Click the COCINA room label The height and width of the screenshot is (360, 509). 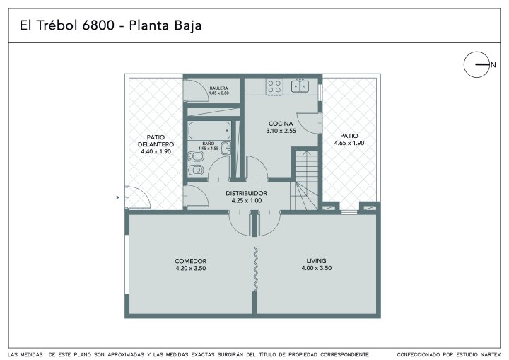pyautogui.click(x=281, y=124)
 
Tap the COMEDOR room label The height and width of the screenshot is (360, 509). pyautogui.click(x=191, y=261)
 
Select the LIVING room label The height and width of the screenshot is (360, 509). pyautogui.click(x=316, y=260)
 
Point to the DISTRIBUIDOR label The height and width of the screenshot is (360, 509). pyautogui.click(x=247, y=193)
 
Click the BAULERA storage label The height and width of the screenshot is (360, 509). pyautogui.click(x=218, y=88)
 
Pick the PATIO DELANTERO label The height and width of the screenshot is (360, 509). pyautogui.click(x=156, y=141)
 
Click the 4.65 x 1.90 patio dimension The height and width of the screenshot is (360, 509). pyautogui.click(x=349, y=143)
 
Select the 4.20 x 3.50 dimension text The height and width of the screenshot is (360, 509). pyautogui.click(x=191, y=268)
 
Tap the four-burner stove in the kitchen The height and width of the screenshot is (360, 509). pyautogui.click(x=274, y=87)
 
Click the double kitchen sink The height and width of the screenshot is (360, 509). pyautogui.click(x=300, y=86)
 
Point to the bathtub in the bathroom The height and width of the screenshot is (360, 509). pyautogui.click(x=209, y=131)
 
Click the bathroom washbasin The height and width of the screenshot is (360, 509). pyautogui.click(x=226, y=148)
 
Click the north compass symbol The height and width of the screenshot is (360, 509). pyautogui.click(x=476, y=64)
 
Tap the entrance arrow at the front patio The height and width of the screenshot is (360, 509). pyautogui.click(x=118, y=197)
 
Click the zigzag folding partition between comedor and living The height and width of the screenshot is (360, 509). pyautogui.click(x=255, y=269)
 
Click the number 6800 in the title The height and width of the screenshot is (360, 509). pyautogui.click(x=98, y=25)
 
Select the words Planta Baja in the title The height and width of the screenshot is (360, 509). pyautogui.click(x=165, y=25)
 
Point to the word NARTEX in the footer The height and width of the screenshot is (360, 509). pyautogui.click(x=491, y=355)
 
